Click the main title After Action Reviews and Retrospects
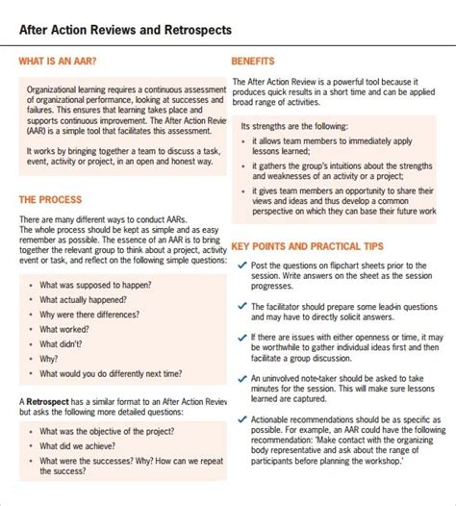click(x=125, y=30)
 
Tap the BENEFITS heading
click(x=254, y=61)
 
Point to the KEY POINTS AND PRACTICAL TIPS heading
click(x=312, y=245)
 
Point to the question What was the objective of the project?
click(x=107, y=432)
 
